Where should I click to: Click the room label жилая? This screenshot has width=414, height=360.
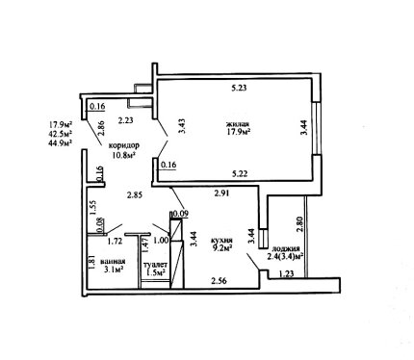[238, 123]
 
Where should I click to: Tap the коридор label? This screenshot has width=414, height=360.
[124, 146]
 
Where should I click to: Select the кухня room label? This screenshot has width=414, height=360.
[221, 240]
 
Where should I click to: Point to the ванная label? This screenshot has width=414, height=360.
[113, 261]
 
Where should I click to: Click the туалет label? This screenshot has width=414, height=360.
[155, 265]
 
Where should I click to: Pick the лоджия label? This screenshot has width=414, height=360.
[286, 248]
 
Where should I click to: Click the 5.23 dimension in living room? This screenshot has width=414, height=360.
[239, 88]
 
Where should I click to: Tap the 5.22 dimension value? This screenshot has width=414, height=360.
[240, 174]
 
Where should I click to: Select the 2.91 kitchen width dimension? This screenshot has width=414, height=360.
[221, 193]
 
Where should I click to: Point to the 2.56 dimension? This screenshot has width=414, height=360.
[219, 281]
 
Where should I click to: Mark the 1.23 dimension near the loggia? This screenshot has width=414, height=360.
[286, 273]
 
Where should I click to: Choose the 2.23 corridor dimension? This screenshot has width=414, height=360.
[125, 120]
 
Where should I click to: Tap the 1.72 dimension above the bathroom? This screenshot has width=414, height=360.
[116, 241]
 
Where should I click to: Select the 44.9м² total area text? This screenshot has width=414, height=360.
[61, 141]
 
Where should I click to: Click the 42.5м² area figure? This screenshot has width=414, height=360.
[61, 133]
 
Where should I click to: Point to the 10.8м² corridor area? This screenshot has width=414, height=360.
[123, 155]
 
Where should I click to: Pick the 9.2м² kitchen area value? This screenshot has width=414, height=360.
[221, 247]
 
